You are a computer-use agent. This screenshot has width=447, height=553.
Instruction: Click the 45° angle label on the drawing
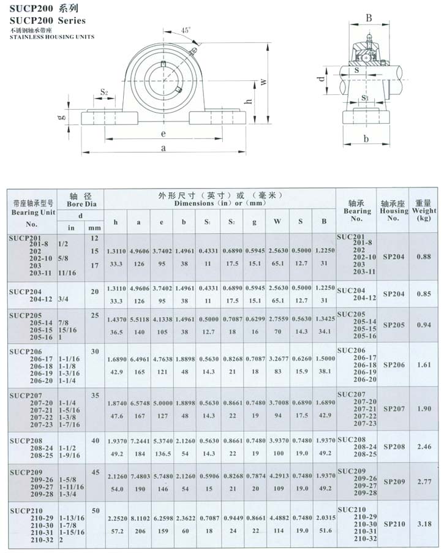[x=186, y=30]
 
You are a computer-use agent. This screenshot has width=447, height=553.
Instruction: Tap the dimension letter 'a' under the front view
[x=163, y=148]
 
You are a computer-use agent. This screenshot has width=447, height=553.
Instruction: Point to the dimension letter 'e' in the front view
[x=163, y=134]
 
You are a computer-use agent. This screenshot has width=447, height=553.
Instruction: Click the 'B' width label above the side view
[x=369, y=18]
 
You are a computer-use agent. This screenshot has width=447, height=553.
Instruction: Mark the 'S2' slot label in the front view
[x=104, y=92]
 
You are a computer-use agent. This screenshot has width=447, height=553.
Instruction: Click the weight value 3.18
[x=423, y=524]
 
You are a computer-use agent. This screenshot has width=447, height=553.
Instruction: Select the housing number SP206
[x=394, y=364]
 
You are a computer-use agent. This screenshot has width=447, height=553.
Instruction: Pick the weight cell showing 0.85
[x=423, y=294]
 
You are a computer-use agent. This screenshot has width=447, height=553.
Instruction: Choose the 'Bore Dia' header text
[x=80, y=206]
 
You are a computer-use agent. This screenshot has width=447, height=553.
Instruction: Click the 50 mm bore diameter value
[x=95, y=510]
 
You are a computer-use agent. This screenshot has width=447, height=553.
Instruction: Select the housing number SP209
[x=394, y=482]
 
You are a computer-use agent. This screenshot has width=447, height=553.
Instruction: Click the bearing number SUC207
[x=350, y=393]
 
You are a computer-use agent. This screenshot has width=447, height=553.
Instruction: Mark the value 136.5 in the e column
[x=162, y=454]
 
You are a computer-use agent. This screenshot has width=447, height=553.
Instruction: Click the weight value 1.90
[x=423, y=407]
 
